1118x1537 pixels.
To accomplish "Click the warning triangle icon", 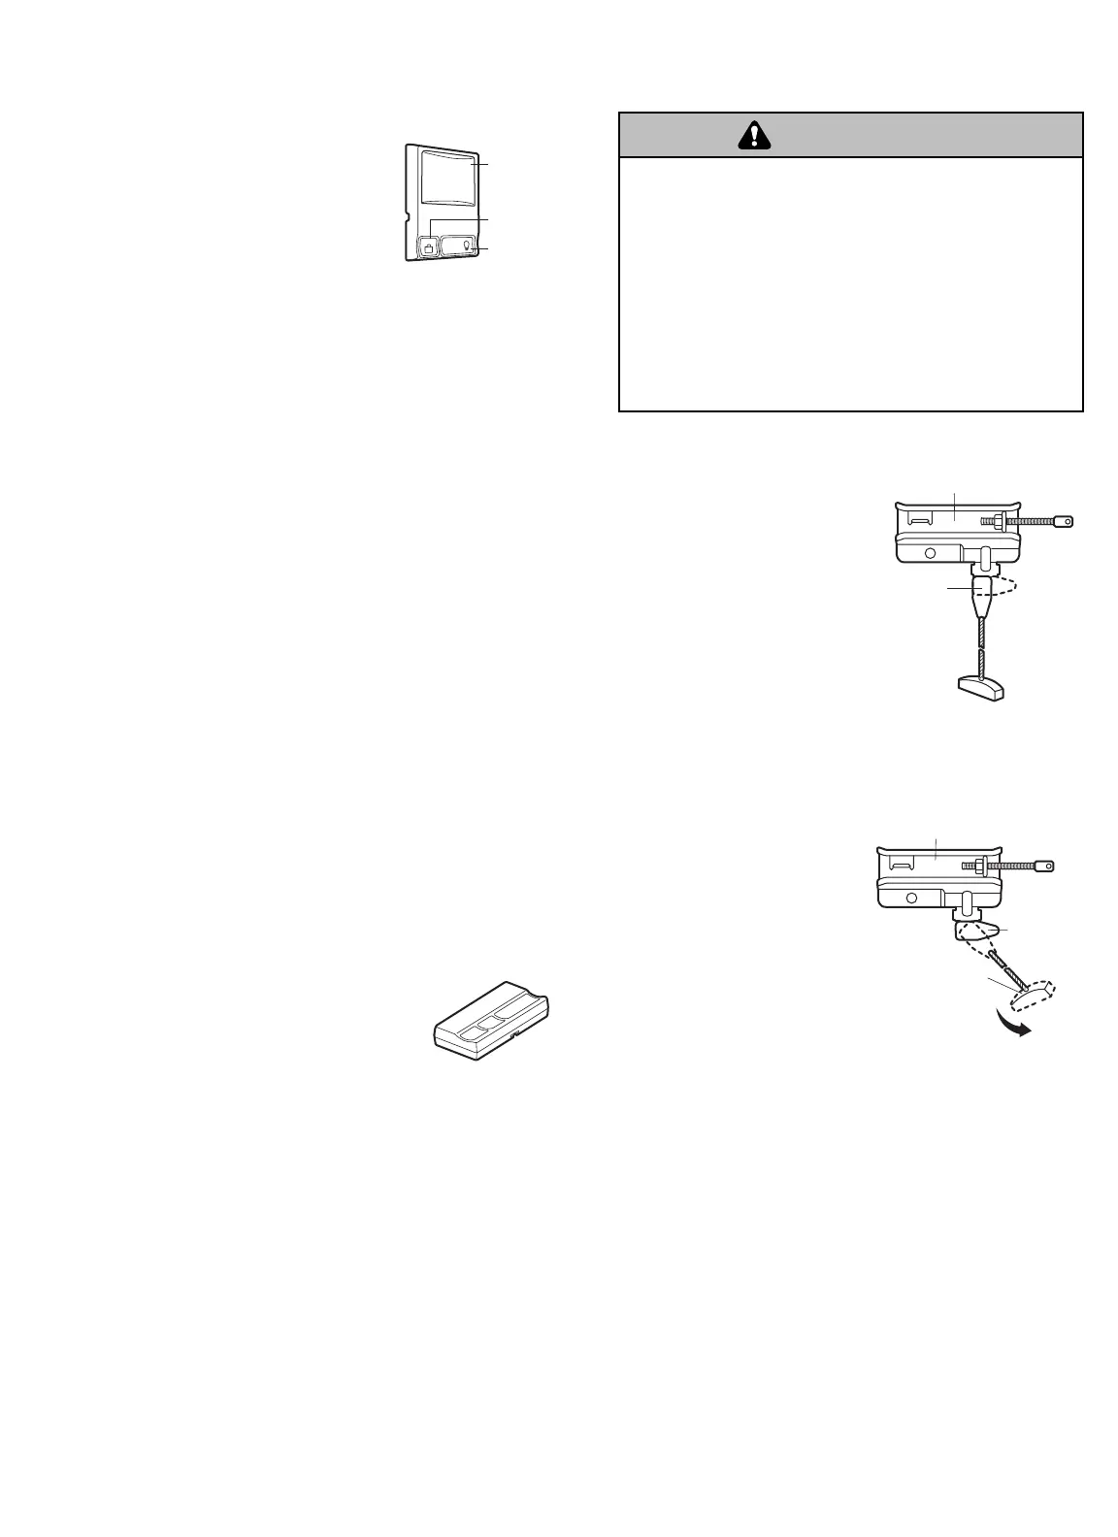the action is [x=754, y=135].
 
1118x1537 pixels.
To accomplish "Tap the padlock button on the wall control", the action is [x=428, y=247].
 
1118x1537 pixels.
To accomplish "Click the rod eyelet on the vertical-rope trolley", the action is [x=1068, y=522].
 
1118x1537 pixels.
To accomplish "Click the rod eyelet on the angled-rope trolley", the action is [x=1044, y=866].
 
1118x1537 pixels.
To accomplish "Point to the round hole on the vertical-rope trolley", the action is [x=930, y=552].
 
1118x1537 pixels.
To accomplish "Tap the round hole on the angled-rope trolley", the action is [x=911, y=898].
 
